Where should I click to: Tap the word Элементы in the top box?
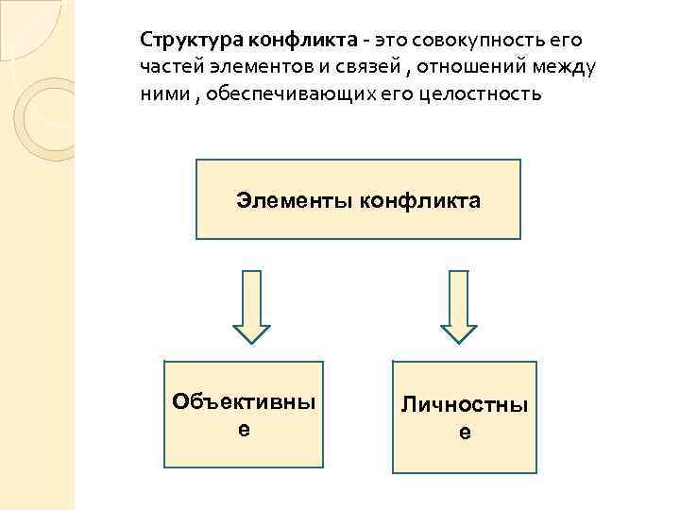click(281, 200)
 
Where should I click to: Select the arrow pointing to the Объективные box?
click(252, 308)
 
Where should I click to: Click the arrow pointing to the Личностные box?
click(460, 308)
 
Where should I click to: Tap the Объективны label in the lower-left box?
click(245, 401)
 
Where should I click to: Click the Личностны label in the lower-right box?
click(465, 405)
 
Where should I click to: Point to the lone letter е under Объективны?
click(245, 429)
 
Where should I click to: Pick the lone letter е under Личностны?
click(465, 433)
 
